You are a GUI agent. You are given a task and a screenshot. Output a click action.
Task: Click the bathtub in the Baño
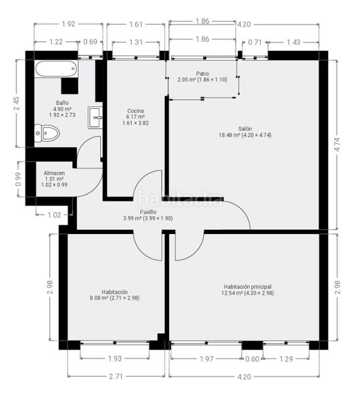click(56, 69)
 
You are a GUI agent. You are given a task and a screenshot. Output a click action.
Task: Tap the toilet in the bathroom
click(47, 133)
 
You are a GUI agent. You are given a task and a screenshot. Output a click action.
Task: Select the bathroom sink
click(95, 118)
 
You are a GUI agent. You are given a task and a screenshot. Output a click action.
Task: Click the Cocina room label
click(136, 111)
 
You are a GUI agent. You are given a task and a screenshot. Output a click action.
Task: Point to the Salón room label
click(245, 128)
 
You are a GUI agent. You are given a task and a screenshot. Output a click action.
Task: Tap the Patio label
click(202, 74)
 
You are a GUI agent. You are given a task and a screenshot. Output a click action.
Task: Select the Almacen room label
click(54, 173)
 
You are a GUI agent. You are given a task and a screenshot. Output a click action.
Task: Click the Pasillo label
click(148, 212)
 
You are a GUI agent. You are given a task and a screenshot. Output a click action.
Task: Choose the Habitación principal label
click(248, 287)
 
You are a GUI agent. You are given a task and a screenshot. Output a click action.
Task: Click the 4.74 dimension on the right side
click(337, 144)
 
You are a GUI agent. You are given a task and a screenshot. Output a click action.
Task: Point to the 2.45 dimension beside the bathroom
click(16, 104)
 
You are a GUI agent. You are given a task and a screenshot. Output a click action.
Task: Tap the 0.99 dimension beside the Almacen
click(18, 179)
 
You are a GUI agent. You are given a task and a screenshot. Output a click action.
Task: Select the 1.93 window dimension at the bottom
click(115, 358)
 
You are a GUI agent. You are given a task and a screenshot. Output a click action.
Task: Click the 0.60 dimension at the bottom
click(252, 359)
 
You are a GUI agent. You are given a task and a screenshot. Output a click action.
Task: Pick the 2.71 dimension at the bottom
click(116, 376)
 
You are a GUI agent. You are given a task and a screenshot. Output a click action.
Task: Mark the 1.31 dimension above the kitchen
click(136, 42)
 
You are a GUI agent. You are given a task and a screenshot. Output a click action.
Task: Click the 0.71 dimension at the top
click(254, 42)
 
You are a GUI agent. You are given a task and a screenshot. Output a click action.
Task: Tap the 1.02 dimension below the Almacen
click(54, 215)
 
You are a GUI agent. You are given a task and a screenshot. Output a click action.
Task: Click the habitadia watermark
click(180, 199)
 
